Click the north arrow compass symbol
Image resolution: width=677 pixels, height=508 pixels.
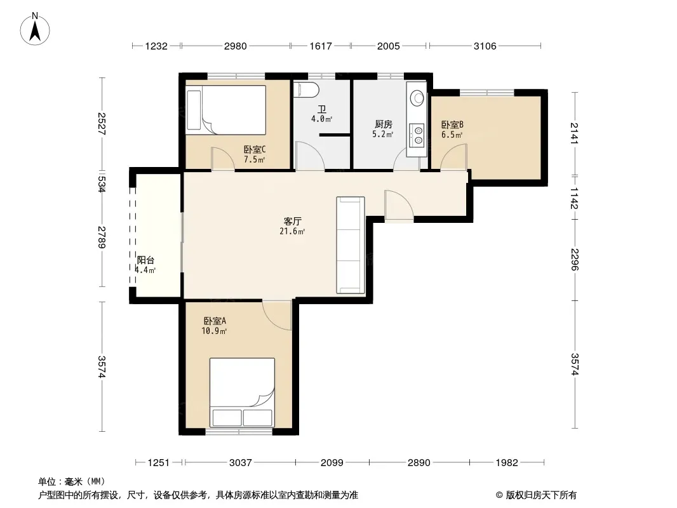35,29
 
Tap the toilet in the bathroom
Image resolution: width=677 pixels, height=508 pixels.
306,90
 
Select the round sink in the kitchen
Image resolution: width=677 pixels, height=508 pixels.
417,98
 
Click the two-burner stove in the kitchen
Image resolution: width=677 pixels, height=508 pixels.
417,135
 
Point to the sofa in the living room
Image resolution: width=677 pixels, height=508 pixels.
351,245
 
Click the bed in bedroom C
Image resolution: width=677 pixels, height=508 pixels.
226,110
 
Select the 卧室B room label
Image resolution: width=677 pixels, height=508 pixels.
452,124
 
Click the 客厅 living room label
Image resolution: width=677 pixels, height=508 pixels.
292,222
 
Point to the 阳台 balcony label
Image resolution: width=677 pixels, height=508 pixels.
145,260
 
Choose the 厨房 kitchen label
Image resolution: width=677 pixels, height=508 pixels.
384,124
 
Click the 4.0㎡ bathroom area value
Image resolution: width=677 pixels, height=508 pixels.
321,119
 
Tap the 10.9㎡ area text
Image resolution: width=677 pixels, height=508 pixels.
214,331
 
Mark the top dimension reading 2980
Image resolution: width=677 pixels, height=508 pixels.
236,46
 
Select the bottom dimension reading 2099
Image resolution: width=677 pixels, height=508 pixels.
332,463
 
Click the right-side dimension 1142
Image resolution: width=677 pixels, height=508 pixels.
574,198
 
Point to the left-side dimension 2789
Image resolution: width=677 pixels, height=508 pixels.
102,237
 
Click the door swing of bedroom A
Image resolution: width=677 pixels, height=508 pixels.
277,316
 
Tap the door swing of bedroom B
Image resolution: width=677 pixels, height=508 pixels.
454,157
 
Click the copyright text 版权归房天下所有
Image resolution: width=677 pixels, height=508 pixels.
541,495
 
